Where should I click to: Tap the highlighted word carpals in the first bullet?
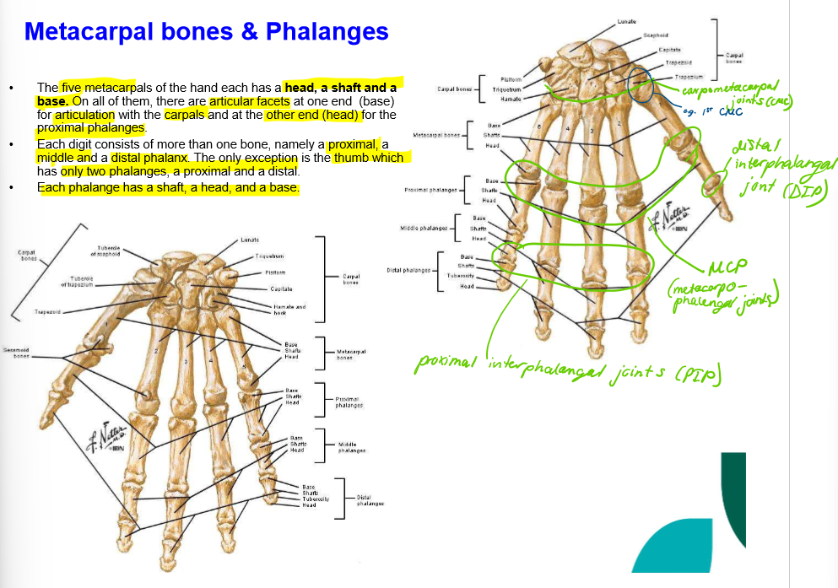(185, 115)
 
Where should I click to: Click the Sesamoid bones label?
(16, 351)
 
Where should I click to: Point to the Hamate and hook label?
(289, 310)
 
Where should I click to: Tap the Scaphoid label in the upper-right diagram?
(656, 35)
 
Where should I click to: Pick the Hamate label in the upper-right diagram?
(511, 99)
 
